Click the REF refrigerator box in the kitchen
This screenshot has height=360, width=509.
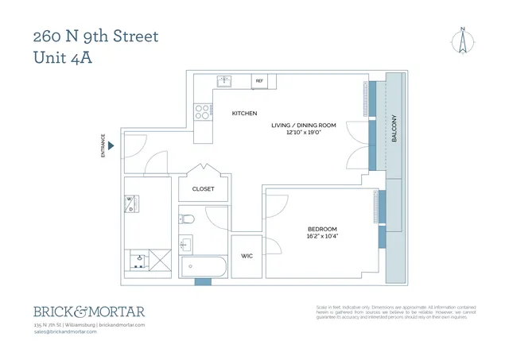pyautogui.click(x=258, y=81)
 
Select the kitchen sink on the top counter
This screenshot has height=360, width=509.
pyautogui.click(x=225, y=81)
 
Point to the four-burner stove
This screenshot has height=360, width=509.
pyautogui.click(x=201, y=110)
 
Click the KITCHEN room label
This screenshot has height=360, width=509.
pyautogui.click(x=244, y=114)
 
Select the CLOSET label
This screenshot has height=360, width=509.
pyautogui.click(x=204, y=189)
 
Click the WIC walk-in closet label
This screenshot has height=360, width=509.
pyautogui.click(x=247, y=256)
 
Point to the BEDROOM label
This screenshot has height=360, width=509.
pyautogui.click(x=323, y=229)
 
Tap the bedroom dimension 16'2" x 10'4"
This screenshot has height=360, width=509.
pyautogui.click(x=323, y=237)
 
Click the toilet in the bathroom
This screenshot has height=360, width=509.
pyautogui.click(x=188, y=218)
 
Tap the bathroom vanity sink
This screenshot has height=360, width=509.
pyautogui.click(x=187, y=242)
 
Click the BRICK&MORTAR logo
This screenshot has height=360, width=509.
pyautogui.click(x=88, y=312)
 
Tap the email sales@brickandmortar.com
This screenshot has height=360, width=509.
pyautogui.click(x=64, y=331)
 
